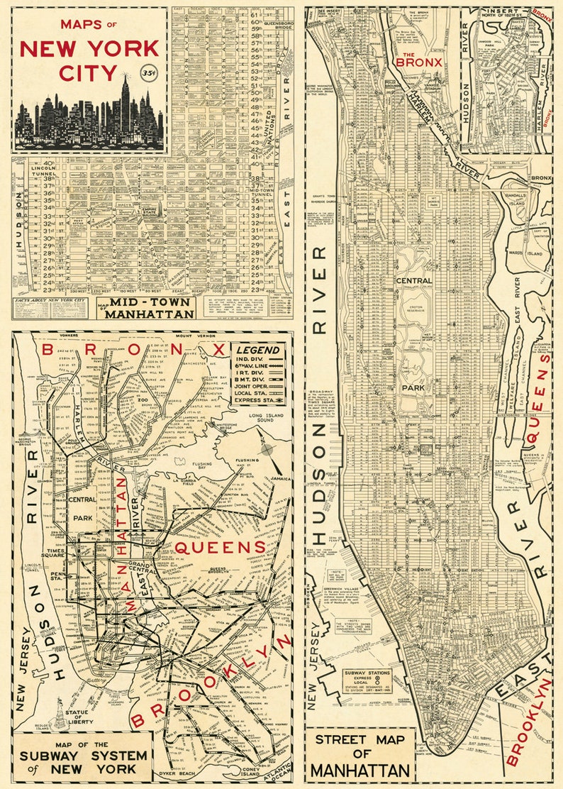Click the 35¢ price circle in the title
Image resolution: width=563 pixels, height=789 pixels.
pyautogui.click(x=150, y=72)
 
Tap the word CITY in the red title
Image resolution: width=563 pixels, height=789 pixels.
pyautogui.click(x=68, y=74)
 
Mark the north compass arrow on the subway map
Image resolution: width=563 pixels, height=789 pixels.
pyautogui.click(x=267, y=448)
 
